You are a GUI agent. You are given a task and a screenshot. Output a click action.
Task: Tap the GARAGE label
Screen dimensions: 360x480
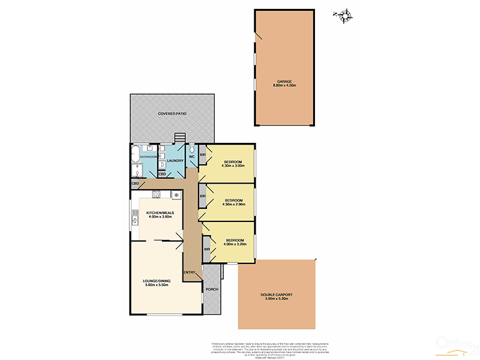click(x=284, y=81)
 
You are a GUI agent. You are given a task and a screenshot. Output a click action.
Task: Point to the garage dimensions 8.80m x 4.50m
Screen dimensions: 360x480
click(x=284, y=86)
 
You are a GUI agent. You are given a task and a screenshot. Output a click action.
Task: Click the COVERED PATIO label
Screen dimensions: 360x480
click(x=172, y=113)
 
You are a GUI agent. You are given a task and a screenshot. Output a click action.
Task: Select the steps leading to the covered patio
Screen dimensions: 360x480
click(x=179, y=138)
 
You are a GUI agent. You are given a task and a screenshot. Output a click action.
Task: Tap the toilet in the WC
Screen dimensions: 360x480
click(x=192, y=149)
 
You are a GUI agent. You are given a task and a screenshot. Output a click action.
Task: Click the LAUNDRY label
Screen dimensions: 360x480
click(x=175, y=160)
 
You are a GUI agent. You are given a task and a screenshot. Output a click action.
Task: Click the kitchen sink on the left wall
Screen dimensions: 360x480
click(x=136, y=220)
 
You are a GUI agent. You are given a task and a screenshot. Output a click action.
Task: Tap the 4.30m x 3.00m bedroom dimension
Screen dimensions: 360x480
click(x=233, y=167)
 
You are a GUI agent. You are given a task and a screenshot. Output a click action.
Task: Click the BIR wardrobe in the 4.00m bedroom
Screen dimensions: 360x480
click(x=206, y=249)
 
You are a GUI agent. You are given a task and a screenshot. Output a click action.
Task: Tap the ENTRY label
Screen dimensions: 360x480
click(x=190, y=273)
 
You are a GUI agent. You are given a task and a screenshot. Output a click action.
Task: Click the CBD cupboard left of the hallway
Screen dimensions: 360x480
click(x=136, y=184)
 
